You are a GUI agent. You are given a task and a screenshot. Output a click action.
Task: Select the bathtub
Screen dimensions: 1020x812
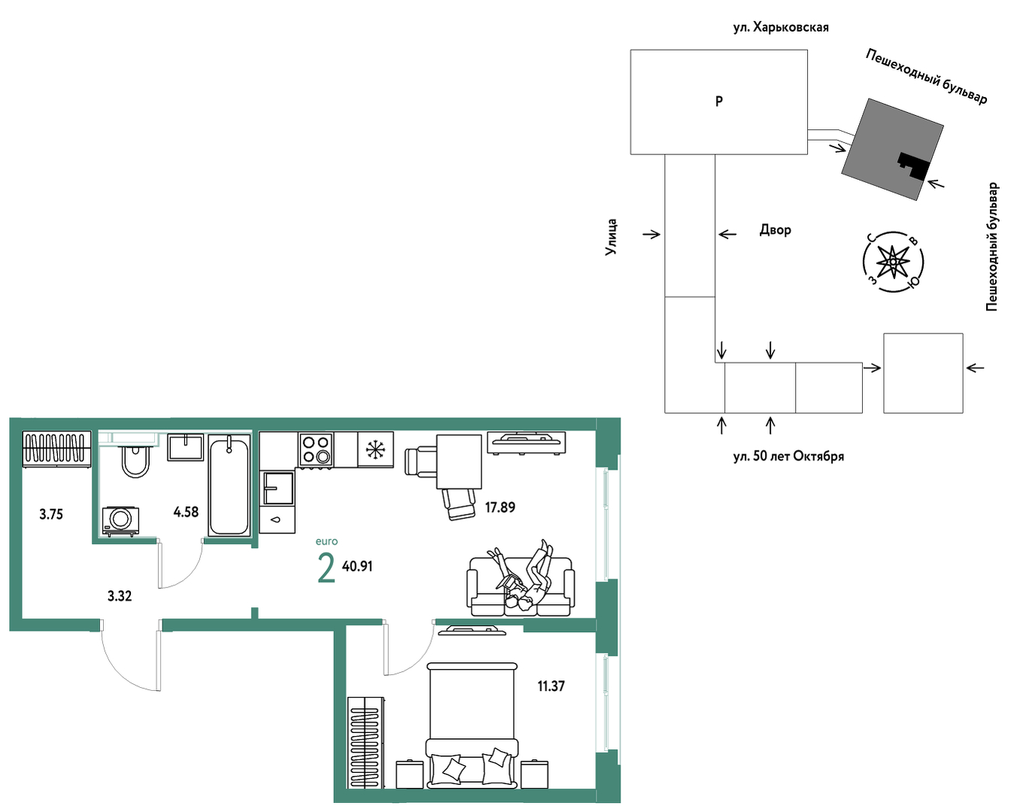tap(229, 485)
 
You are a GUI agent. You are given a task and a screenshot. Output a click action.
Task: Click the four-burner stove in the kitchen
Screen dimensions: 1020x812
tap(316, 449)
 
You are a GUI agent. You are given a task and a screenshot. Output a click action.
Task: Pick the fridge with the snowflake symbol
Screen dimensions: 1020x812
tap(375, 449)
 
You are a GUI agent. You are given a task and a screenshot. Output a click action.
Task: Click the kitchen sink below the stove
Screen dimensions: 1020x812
tap(278, 488)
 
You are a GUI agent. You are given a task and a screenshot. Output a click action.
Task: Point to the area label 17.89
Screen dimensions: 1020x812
tap(500, 507)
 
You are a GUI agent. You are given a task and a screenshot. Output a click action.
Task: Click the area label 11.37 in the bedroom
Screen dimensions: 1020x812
tap(551, 686)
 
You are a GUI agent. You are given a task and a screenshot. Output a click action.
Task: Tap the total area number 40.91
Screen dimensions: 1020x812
tap(357, 567)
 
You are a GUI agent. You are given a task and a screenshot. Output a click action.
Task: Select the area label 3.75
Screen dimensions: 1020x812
tap(51, 514)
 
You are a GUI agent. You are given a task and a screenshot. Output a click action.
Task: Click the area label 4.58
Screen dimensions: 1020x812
tap(186, 512)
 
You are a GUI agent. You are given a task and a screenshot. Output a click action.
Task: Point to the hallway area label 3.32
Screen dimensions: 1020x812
tap(120, 596)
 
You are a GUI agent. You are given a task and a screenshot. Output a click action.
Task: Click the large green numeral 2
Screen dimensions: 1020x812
tap(326, 568)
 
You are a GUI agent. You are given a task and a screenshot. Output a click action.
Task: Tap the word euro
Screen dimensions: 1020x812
tap(326, 541)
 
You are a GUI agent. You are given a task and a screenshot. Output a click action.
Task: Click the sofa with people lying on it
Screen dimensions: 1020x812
tap(521, 585)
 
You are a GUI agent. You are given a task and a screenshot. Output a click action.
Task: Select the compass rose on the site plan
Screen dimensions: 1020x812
tap(893, 262)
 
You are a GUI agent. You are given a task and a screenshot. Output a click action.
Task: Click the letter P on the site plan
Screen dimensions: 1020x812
tap(719, 101)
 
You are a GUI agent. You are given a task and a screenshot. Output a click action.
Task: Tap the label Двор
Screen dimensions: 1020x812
tap(776, 230)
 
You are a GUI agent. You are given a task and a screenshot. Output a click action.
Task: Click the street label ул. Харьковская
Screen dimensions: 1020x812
tap(781, 28)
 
